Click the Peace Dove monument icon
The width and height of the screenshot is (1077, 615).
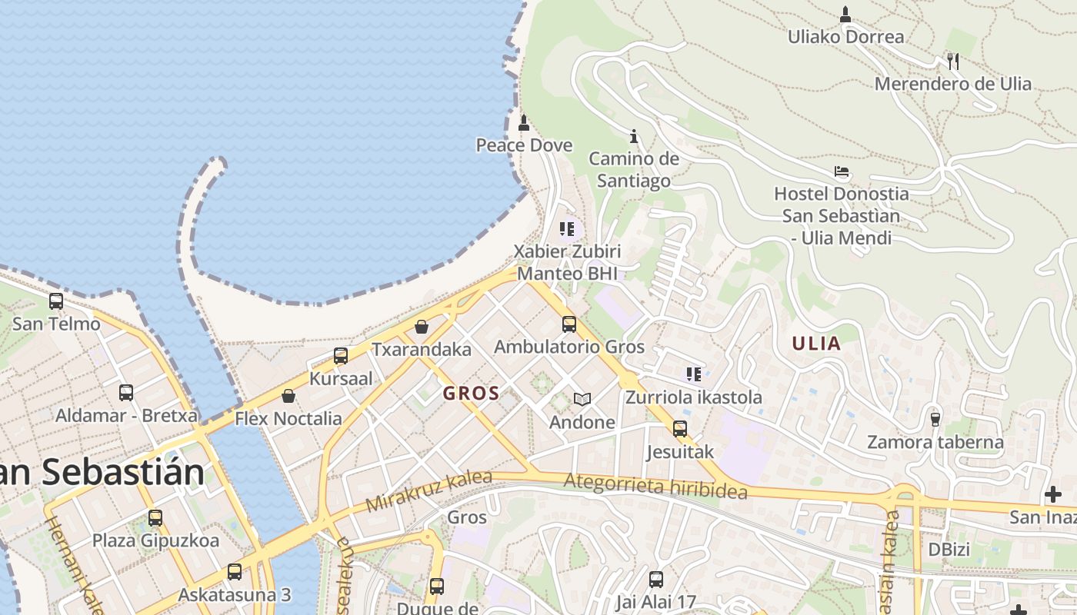click(x=524, y=122)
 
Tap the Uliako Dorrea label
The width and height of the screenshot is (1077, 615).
click(x=845, y=36)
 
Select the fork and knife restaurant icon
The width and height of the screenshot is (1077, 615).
click(x=952, y=61)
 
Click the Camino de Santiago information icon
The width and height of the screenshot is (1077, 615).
click(x=634, y=136)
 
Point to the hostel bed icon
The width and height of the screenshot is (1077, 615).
click(x=842, y=171)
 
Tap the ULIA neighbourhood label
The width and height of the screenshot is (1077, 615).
click(x=816, y=344)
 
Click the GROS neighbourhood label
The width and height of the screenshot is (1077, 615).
click(x=471, y=394)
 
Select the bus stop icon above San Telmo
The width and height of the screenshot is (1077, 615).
click(x=56, y=301)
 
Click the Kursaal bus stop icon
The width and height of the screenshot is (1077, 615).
click(x=341, y=356)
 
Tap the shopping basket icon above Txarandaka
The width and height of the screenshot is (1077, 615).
click(x=422, y=327)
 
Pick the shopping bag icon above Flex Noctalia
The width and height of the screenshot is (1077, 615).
click(x=288, y=396)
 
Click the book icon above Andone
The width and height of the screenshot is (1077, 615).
click(x=582, y=399)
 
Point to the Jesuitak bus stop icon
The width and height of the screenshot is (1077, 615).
click(x=680, y=428)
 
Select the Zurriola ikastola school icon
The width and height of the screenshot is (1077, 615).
click(x=693, y=374)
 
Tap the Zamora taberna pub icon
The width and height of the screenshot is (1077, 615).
click(x=935, y=419)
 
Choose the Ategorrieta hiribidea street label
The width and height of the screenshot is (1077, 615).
click(x=655, y=486)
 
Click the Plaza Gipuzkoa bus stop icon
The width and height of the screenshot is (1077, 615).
click(x=155, y=517)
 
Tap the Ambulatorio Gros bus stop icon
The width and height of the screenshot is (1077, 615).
click(x=569, y=324)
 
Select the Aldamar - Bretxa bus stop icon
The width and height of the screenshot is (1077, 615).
click(x=126, y=393)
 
